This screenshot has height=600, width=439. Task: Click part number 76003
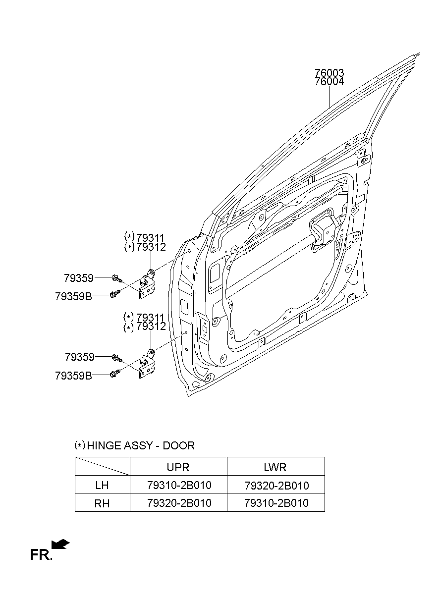click(x=329, y=73)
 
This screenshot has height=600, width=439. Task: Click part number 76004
click(x=329, y=82)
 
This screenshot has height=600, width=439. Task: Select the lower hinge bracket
click(x=147, y=366)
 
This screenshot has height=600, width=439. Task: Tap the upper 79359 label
click(x=79, y=278)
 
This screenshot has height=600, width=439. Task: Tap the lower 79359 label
click(x=79, y=357)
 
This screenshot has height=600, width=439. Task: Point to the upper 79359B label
click(x=73, y=297)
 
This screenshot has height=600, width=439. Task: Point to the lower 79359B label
click(x=73, y=376)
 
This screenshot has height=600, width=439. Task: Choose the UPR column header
click(x=178, y=467)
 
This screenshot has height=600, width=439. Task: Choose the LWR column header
click(x=275, y=467)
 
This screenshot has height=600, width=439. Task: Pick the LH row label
click(x=102, y=486)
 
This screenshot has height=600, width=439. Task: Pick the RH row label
click(x=102, y=503)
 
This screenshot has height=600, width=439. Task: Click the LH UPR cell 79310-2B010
click(x=179, y=486)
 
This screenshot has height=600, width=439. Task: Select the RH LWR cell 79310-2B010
click(x=276, y=503)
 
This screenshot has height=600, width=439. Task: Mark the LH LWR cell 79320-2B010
click(x=276, y=486)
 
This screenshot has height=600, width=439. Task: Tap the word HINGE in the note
click(x=104, y=445)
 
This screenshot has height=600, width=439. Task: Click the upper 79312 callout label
click(x=151, y=247)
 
